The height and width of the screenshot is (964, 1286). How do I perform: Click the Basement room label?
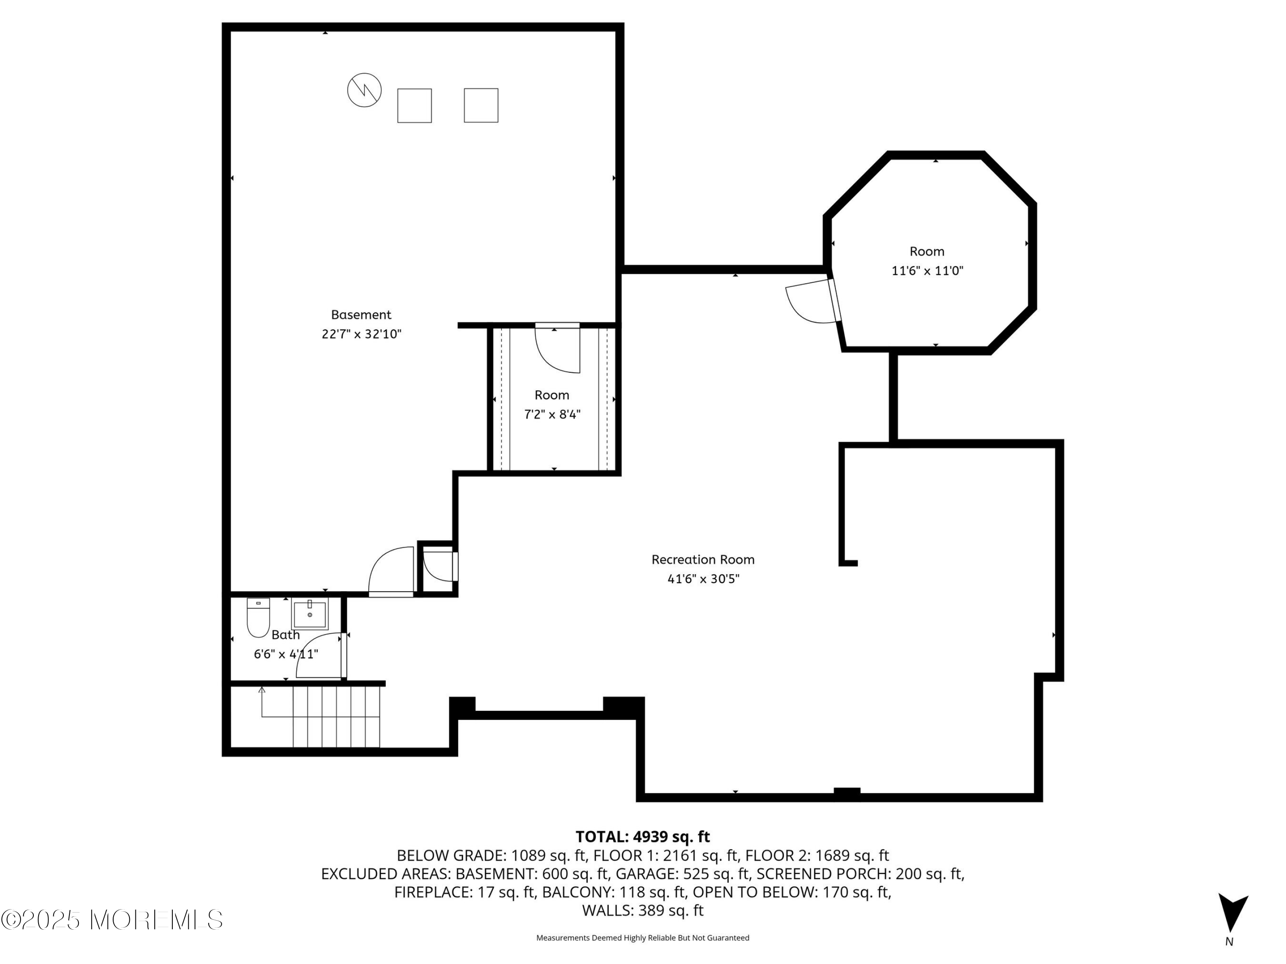pos(361,314)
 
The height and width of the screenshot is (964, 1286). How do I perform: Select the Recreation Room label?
pos(703,560)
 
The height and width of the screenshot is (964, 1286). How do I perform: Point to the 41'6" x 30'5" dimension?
pos(703,579)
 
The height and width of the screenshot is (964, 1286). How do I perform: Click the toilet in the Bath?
pos(258,618)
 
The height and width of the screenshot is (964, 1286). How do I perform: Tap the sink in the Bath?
pos(310,615)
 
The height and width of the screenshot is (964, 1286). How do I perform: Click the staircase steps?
pos(336,716)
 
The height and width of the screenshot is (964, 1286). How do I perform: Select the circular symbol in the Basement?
pos(364,90)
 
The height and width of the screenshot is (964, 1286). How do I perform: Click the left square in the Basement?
pos(415,106)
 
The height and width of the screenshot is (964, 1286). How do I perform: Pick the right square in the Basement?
pos(481,105)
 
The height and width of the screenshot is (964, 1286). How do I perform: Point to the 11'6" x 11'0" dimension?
pos(927,271)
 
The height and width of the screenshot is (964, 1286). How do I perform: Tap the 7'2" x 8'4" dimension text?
pos(552,414)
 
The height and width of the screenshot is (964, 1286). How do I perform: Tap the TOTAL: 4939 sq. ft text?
pos(643,837)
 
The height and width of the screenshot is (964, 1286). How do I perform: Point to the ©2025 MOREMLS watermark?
pos(111,920)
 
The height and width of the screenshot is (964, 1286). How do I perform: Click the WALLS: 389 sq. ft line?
pos(643,910)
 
